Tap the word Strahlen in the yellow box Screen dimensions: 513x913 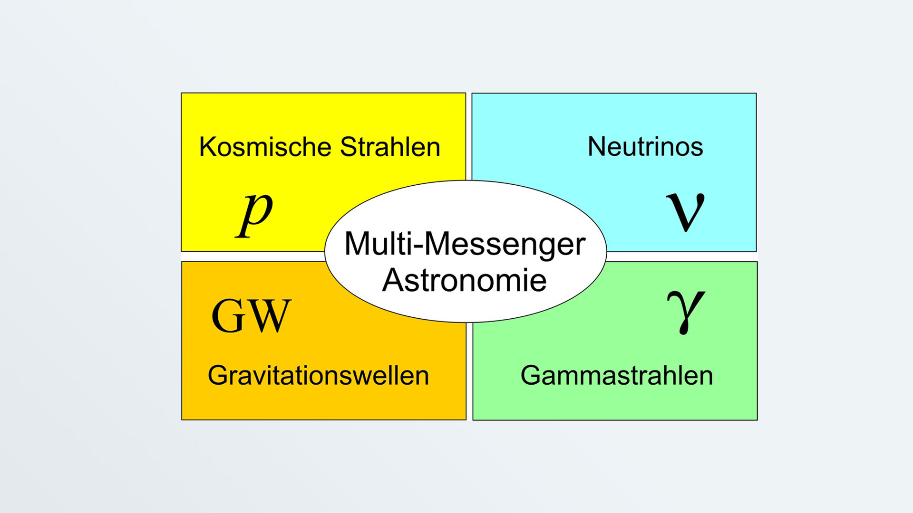390,147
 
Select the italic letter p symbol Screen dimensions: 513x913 255,215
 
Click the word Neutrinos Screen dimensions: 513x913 645,147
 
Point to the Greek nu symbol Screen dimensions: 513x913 685,212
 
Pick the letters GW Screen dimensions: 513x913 251,316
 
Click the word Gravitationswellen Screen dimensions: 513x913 318,376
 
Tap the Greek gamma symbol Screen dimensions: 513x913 685,311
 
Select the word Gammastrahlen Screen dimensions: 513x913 616,376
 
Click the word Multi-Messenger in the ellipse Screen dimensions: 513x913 465,244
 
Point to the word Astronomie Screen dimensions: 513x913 465,280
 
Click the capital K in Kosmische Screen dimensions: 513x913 207,147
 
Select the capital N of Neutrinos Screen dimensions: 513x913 597,147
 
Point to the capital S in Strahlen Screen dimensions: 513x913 349,147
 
